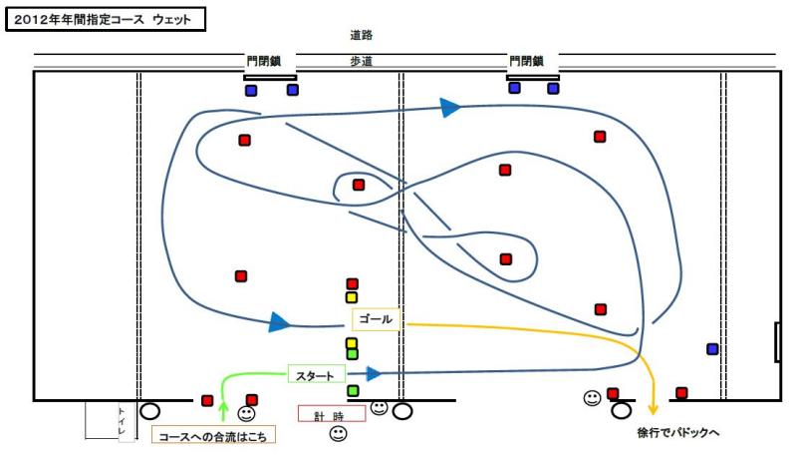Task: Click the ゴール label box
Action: pyautogui.click(x=376, y=319)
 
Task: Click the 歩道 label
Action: pyautogui.click(x=362, y=61)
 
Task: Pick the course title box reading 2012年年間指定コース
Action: pyautogui.click(x=106, y=19)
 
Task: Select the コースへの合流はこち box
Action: pyautogui.click(x=213, y=435)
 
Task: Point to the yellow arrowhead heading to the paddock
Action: pyautogui.click(x=653, y=406)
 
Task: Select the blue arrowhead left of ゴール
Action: pyautogui.click(x=280, y=322)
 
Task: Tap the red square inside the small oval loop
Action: pyautogui.click(x=359, y=185)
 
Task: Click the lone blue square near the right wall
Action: pyautogui.click(x=712, y=349)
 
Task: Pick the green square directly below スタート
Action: pyautogui.click(x=353, y=391)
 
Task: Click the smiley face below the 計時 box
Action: pyautogui.click(x=338, y=434)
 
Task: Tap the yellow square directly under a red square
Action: pyautogui.click(x=352, y=297)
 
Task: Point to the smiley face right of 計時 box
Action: pyautogui.click(x=379, y=407)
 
